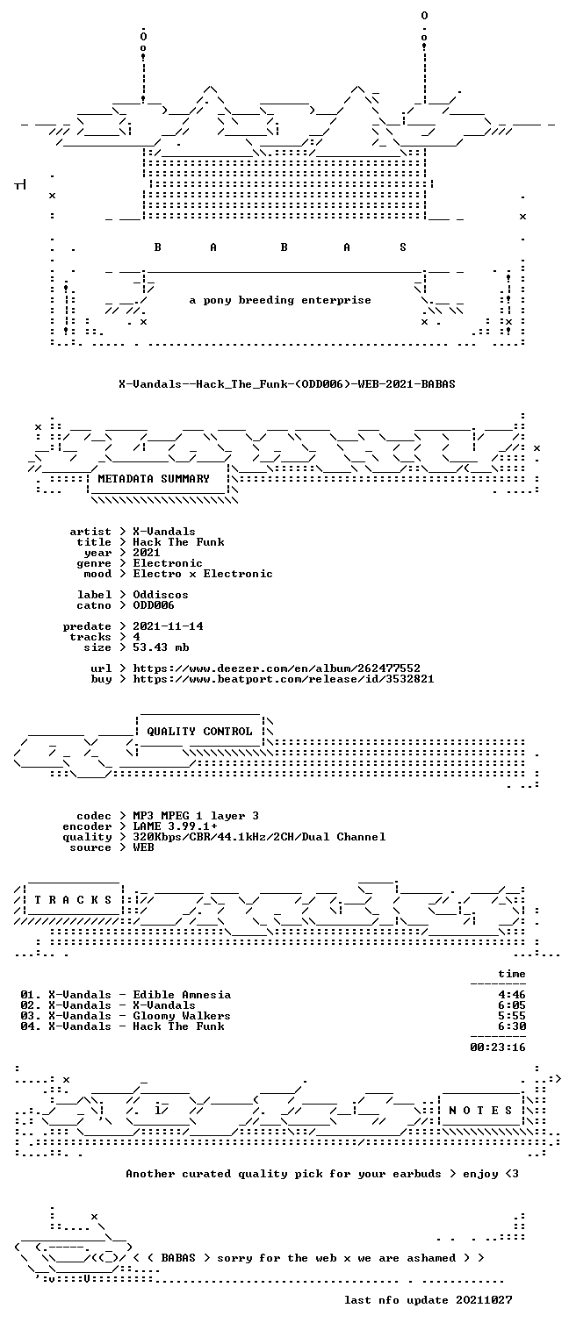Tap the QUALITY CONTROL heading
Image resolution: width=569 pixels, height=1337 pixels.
(x=199, y=731)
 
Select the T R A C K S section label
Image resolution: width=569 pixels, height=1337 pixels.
(x=73, y=899)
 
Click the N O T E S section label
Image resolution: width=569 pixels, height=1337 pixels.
(x=480, y=1110)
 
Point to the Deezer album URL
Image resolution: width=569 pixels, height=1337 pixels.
(x=276, y=668)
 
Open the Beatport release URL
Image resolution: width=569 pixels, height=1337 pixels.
(x=284, y=679)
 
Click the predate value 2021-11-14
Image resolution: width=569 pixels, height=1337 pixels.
(x=168, y=626)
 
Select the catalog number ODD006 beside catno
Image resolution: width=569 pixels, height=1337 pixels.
(x=154, y=605)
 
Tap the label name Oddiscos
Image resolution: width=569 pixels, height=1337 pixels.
(x=161, y=595)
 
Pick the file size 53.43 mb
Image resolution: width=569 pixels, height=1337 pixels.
(x=161, y=647)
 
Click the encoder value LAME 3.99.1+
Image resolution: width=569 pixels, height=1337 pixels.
(x=175, y=826)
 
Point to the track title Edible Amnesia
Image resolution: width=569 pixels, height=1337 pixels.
(x=182, y=995)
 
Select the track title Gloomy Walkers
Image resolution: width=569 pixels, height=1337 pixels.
(x=182, y=1016)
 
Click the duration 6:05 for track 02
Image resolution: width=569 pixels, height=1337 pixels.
(x=512, y=1005)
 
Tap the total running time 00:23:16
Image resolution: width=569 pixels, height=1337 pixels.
(x=498, y=1047)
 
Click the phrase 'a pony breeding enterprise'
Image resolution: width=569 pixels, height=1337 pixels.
(x=280, y=300)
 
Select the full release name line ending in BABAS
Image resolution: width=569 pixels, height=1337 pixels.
(x=287, y=384)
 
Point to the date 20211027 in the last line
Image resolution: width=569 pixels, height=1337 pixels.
(x=484, y=1300)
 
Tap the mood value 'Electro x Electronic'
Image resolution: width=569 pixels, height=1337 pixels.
(x=203, y=574)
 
